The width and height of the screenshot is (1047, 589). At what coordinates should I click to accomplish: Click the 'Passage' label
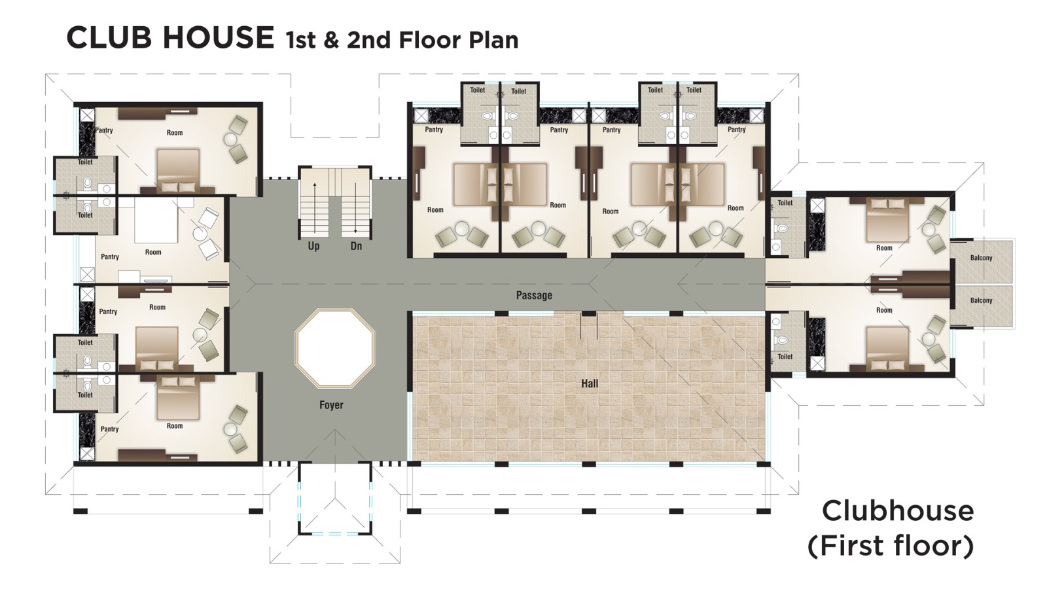click(x=534, y=295)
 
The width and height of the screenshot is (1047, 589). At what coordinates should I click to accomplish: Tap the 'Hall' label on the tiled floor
click(x=589, y=384)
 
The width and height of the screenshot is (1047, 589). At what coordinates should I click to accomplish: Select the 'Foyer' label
click(x=331, y=405)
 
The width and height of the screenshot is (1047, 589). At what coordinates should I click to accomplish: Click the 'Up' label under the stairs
click(x=314, y=246)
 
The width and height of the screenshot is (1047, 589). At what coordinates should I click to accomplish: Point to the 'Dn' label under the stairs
click(x=356, y=246)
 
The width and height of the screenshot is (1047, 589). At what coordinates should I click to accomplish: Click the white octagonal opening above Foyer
click(x=335, y=348)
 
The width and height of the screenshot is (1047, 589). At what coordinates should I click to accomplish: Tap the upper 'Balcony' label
click(x=981, y=258)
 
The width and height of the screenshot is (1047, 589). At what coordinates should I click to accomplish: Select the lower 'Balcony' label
click(x=981, y=300)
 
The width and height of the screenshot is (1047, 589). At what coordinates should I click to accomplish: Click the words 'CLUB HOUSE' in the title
click(x=170, y=37)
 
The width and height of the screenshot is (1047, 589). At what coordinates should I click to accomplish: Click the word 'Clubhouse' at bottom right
click(x=897, y=511)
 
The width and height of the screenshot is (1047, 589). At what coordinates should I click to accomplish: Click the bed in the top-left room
click(x=177, y=169)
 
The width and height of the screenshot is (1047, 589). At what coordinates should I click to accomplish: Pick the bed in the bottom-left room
click(x=177, y=398)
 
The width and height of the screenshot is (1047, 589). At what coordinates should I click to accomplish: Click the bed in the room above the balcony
click(x=887, y=221)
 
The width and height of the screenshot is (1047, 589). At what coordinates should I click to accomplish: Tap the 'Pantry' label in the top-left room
click(x=104, y=130)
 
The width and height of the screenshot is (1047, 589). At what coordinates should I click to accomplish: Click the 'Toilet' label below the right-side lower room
click(x=785, y=357)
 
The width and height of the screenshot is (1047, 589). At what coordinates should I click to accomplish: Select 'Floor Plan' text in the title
click(x=458, y=40)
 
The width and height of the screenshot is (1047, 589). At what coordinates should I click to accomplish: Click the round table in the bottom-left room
click(x=230, y=429)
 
